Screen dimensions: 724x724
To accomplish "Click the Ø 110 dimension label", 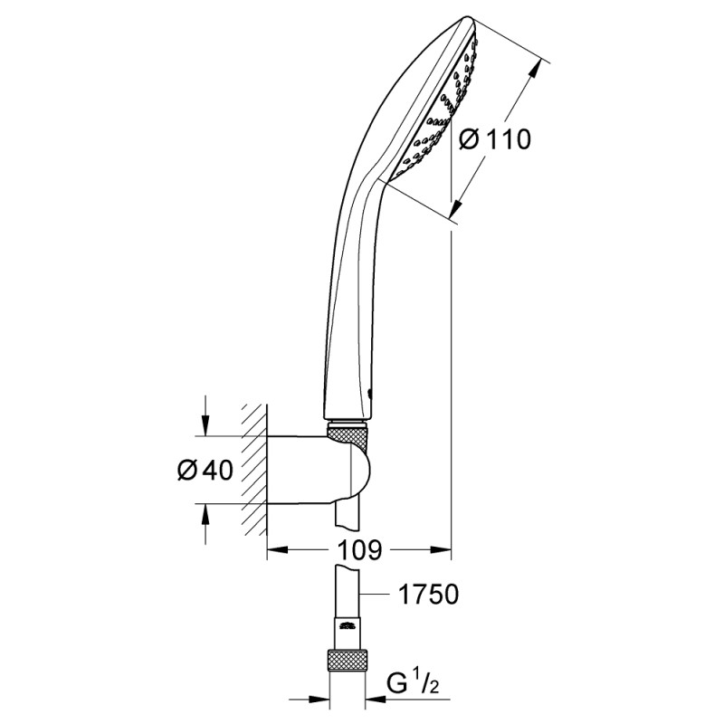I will [x=493, y=140].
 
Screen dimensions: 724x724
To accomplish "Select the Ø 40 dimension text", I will [x=206, y=471].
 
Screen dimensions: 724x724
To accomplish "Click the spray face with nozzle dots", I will [x=438, y=100].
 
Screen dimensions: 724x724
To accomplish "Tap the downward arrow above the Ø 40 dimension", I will [x=207, y=426].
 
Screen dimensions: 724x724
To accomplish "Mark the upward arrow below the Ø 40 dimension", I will [x=207, y=515].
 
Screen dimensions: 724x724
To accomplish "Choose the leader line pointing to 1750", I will [x=380, y=595].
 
